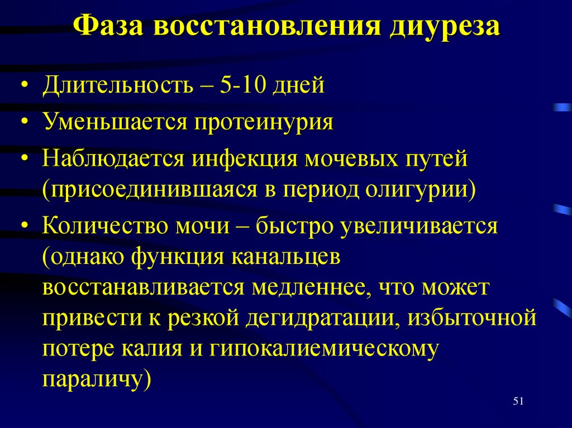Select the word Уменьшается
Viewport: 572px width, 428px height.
[114, 121]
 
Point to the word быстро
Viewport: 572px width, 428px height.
[290, 227]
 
